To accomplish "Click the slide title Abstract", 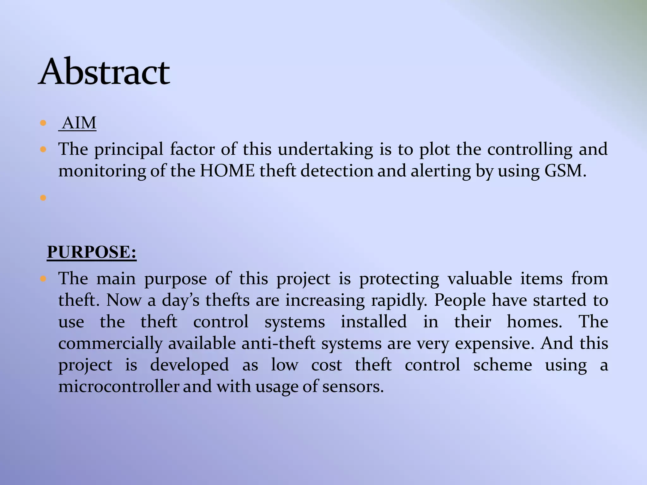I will [104, 72].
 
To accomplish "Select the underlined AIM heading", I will [79, 123].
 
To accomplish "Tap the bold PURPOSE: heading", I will [92, 252].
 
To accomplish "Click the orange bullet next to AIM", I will [43, 123].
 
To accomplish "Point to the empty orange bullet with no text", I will [43, 198].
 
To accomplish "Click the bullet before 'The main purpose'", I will [43, 279].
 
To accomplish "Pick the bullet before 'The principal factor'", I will [43, 149].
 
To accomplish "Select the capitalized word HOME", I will [227, 171].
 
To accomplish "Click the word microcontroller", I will [119, 386].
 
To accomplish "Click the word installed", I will [374, 322].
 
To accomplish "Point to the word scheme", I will [503, 365].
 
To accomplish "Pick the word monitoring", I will [102, 171].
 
